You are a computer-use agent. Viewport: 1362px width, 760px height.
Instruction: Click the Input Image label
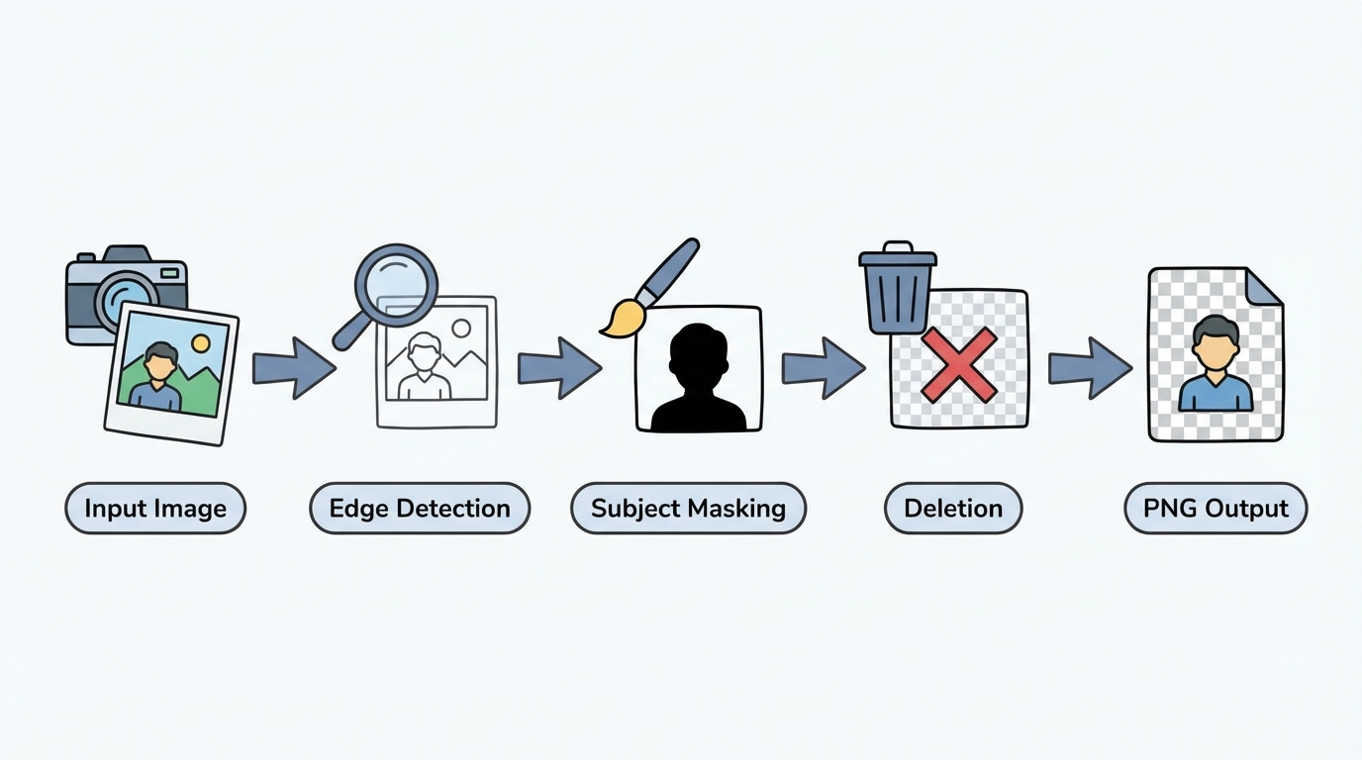pos(155,509)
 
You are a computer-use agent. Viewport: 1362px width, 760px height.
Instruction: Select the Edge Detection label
pos(420,509)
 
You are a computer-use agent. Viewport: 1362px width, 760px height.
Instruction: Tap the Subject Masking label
pos(688,509)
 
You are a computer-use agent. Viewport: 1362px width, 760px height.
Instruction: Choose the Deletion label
pos(952,509)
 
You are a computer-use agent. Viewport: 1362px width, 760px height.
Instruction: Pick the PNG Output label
pos(1216,509)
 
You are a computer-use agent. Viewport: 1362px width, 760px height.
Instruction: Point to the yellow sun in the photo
pos(201,342)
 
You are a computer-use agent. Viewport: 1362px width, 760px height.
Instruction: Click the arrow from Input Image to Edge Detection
pos(294,367)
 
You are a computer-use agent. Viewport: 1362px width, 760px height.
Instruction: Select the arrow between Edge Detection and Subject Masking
pos(559,367)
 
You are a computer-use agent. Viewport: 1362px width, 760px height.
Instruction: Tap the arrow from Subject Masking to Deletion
pos(824,367)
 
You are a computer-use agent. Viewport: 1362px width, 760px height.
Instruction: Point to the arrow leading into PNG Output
pos(1090,367)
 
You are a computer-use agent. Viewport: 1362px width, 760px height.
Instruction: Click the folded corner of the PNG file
pos(1263,286)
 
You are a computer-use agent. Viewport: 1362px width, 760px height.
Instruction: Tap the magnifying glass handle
pos(349,332)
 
